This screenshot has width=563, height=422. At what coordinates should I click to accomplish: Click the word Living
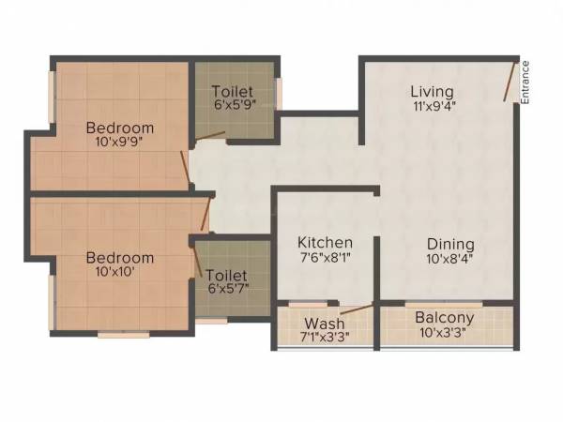432,92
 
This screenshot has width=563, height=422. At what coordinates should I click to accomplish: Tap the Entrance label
525,83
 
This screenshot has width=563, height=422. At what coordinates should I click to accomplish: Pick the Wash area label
324,324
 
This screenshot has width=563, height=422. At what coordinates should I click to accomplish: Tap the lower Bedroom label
119,257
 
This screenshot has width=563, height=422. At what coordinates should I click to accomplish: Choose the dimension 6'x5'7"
227,291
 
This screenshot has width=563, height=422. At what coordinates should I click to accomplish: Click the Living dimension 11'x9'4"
432,107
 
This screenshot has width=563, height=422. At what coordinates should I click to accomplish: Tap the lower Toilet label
227,276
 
